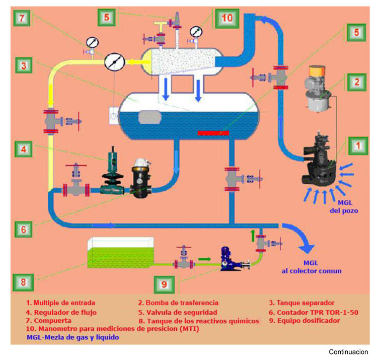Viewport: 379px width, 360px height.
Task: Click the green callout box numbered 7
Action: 22,18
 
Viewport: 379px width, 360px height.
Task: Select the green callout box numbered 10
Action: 227,18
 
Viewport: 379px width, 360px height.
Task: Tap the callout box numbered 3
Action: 24,65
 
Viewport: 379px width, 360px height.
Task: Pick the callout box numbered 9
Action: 164,284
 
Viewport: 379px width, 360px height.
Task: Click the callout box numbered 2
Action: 357,82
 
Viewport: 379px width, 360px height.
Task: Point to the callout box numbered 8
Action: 23,282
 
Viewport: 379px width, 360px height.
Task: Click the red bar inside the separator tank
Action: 213,133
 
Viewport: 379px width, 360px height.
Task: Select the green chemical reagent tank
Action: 120,253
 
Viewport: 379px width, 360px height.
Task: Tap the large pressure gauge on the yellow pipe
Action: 115,62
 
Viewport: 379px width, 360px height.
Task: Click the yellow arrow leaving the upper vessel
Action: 138,62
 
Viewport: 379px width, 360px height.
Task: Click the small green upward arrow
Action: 253,236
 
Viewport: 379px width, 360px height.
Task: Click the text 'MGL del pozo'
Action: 344,207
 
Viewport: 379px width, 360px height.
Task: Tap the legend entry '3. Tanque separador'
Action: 301,303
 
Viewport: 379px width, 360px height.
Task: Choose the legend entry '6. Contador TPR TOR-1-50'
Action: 314,312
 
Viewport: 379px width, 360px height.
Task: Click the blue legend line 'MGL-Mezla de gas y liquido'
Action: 73,337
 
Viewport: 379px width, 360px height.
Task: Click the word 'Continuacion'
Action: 348,352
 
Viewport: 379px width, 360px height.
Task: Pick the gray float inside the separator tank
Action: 149,117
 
